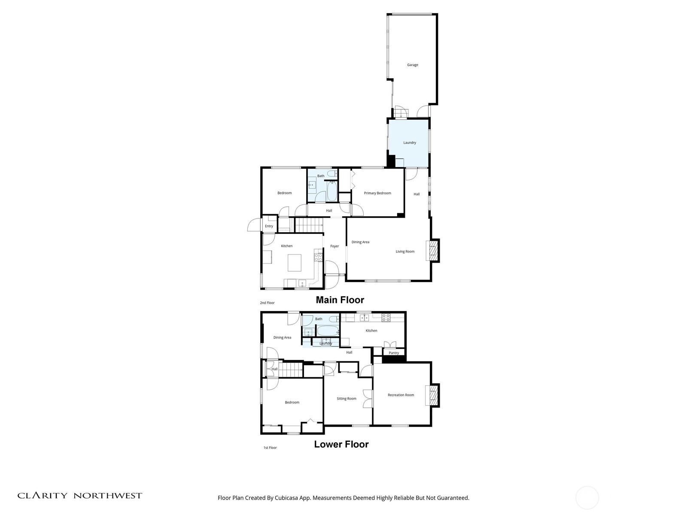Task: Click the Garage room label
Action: pos(412,65)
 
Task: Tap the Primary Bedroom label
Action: pos(377,193)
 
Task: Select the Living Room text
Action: pos(405,251)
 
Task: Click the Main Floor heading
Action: pos(340,300)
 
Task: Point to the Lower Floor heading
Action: pos(341,444)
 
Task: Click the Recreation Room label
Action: pos(401,395)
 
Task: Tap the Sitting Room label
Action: pos(346,399)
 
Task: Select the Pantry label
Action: pos(394,353)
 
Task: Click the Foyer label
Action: pos(334,246)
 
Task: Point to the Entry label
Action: pos(269,226)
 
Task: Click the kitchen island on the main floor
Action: pos(294,263)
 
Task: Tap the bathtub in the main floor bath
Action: pos(332,191)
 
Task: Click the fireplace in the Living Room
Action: pos(432,251)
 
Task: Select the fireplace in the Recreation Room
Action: pos(432,395)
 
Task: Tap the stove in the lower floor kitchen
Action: pos(386,318)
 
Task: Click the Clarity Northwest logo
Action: pos(79,496)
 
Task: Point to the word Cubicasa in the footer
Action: pos(286,498)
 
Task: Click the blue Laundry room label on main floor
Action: pos(409,142)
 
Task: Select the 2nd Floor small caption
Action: pos(267,303)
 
